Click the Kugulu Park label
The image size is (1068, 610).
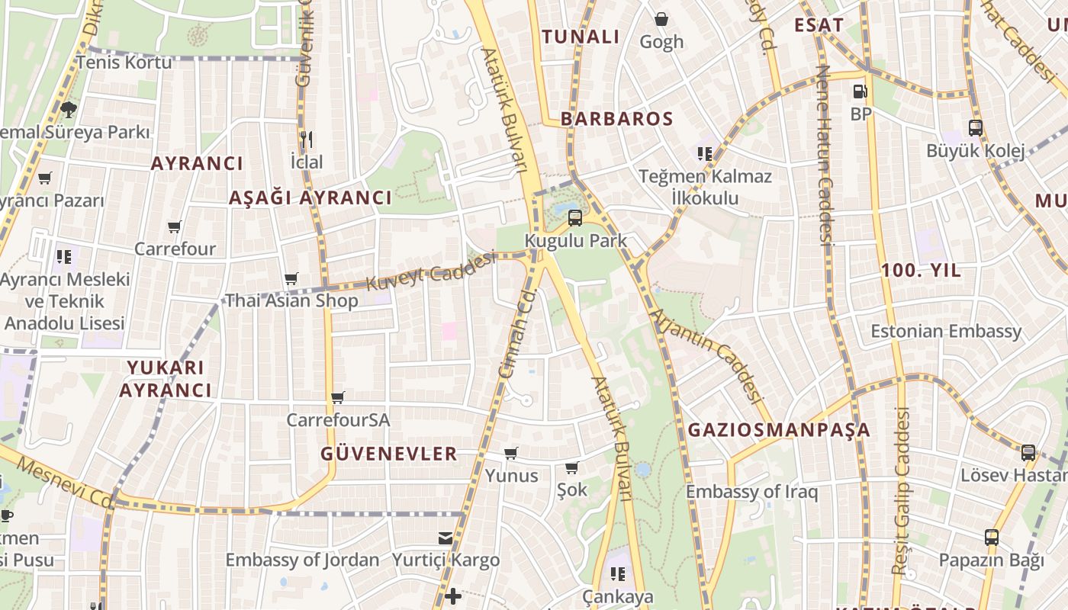(x=576, y=241)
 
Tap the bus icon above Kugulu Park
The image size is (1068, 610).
(x=575, y=218)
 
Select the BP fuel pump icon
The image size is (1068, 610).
(x=860, y=91)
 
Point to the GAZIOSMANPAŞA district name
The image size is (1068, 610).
(x=779, y=430)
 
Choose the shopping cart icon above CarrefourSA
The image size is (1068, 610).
(x=337, y=397)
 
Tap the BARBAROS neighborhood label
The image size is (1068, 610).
(x=617, y=119)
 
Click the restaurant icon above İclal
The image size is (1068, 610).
(x=307, y=140)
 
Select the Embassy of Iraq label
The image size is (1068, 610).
(x=751, y=492)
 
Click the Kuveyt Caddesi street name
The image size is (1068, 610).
(x=431, y=272)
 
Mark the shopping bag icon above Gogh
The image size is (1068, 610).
(x=661, y=18)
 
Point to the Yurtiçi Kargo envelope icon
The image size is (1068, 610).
(x=446, y=538)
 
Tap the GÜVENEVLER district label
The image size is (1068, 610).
(x=389, y=454)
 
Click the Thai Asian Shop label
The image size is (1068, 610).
(x=291, y=301)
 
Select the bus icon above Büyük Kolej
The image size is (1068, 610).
(x=975, y=128)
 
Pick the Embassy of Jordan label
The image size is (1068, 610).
(x=302, y=560)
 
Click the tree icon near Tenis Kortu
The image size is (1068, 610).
(x=69, y=109)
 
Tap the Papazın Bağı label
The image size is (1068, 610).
(x=991, y=560)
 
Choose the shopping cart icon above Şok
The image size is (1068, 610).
(x=572, y=467)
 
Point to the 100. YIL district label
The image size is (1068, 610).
(x=921, y=271)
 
